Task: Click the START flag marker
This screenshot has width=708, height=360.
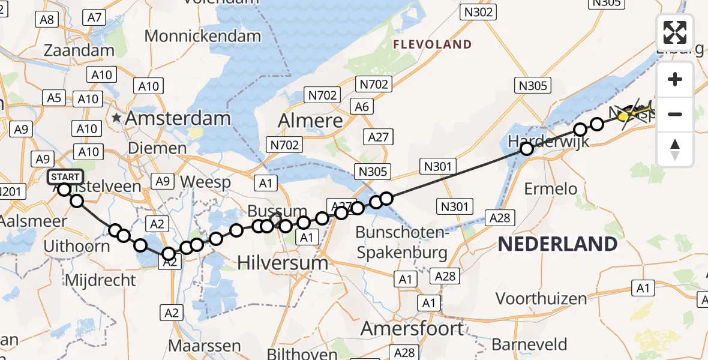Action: pos(65,176)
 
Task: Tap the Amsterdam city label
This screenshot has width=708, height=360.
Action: pos(177,118)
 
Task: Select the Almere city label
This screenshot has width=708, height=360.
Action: pos(310,121)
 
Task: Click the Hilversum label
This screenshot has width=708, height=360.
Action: pos(283,262)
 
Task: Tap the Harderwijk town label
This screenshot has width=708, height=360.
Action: pos(548,142)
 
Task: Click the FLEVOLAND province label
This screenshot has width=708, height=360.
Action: pos(432,44)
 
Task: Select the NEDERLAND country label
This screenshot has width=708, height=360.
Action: pos(557,244)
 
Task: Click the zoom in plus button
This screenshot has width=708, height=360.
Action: pos(675,80)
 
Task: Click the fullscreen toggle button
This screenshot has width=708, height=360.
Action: pos(675,32)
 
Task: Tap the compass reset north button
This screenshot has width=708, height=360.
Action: pos(675,149)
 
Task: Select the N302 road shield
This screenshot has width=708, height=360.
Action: pos(478,11)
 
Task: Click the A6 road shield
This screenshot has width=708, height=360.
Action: pos(362,107)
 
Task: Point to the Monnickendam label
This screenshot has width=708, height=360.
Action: pos(203,36)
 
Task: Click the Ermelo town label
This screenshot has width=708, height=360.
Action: pos(550,189)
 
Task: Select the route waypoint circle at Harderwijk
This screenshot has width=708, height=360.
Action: pos(526,149)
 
